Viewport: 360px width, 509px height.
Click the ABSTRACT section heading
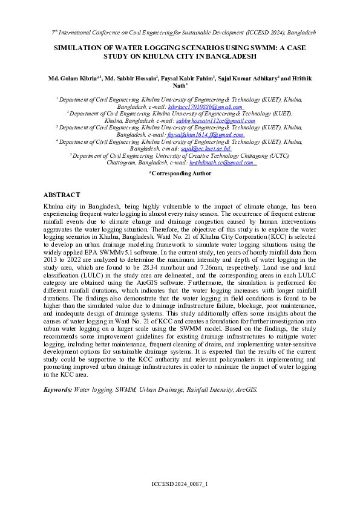[62, 195]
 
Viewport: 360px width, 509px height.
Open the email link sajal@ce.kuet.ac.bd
[206, 148]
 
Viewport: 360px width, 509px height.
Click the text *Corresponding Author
[180, 173]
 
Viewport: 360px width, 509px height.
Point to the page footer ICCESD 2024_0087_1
[179, 485]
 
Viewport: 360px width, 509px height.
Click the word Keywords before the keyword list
[57, 390]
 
